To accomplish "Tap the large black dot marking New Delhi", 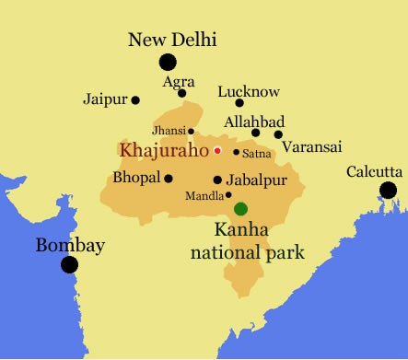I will coord(167,63).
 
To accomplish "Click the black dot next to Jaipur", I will coord(135,99).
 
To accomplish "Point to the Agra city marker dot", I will coord(182,93).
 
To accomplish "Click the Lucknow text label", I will coord(248,91).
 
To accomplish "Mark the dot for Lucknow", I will coord(239,103).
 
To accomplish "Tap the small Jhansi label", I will coord(169,132).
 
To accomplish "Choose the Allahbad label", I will coord(254,122).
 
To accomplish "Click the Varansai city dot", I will coord(278,134).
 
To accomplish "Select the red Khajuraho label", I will coord(163,150).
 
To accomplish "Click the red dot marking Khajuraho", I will coord(217,150).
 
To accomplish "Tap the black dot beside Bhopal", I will coord(169,178).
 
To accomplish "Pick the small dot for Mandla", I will coord(228,195).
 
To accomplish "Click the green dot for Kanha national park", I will coord(240,209).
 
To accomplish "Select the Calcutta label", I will coord(374,171).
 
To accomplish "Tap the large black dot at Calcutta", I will coord(388,191).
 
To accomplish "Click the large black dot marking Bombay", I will coord(69,265).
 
